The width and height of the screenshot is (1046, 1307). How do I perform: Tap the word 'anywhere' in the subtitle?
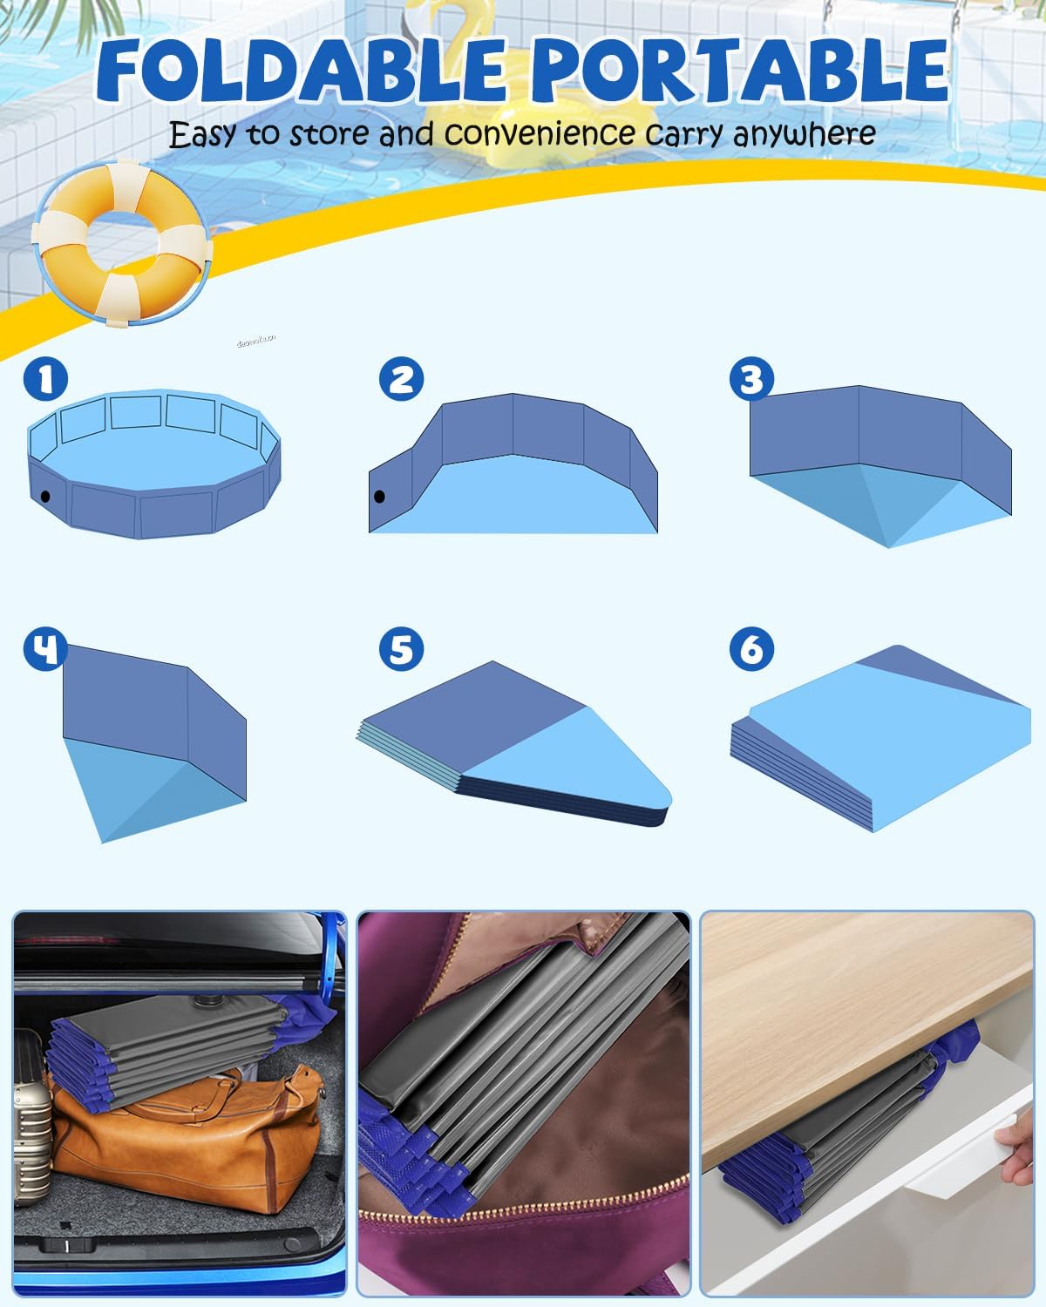(804, 134)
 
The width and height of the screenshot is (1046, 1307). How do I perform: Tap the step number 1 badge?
(46, 378)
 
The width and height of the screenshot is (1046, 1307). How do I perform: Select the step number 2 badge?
(401, 379)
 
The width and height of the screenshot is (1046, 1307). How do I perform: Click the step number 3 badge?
(751, 379)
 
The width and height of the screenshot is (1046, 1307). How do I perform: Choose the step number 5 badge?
(401, 650)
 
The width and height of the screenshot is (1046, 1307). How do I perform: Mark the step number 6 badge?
(751, 650)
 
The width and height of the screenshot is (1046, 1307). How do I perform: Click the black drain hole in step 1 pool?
(45, 497)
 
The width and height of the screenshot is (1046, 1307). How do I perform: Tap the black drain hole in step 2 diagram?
(379, 498)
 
